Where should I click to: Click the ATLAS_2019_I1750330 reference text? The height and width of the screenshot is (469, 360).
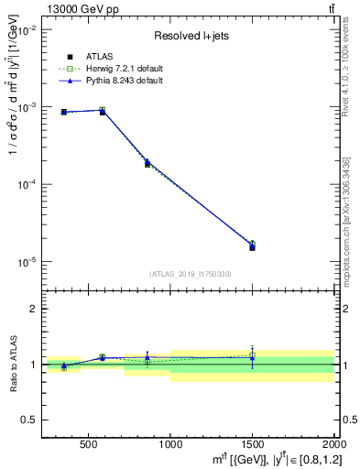click(x=190, y=274)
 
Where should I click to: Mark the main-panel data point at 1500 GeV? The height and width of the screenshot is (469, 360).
click(x=252, y=246)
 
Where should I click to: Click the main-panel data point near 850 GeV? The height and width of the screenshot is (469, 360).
click(x=147, y=163)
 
